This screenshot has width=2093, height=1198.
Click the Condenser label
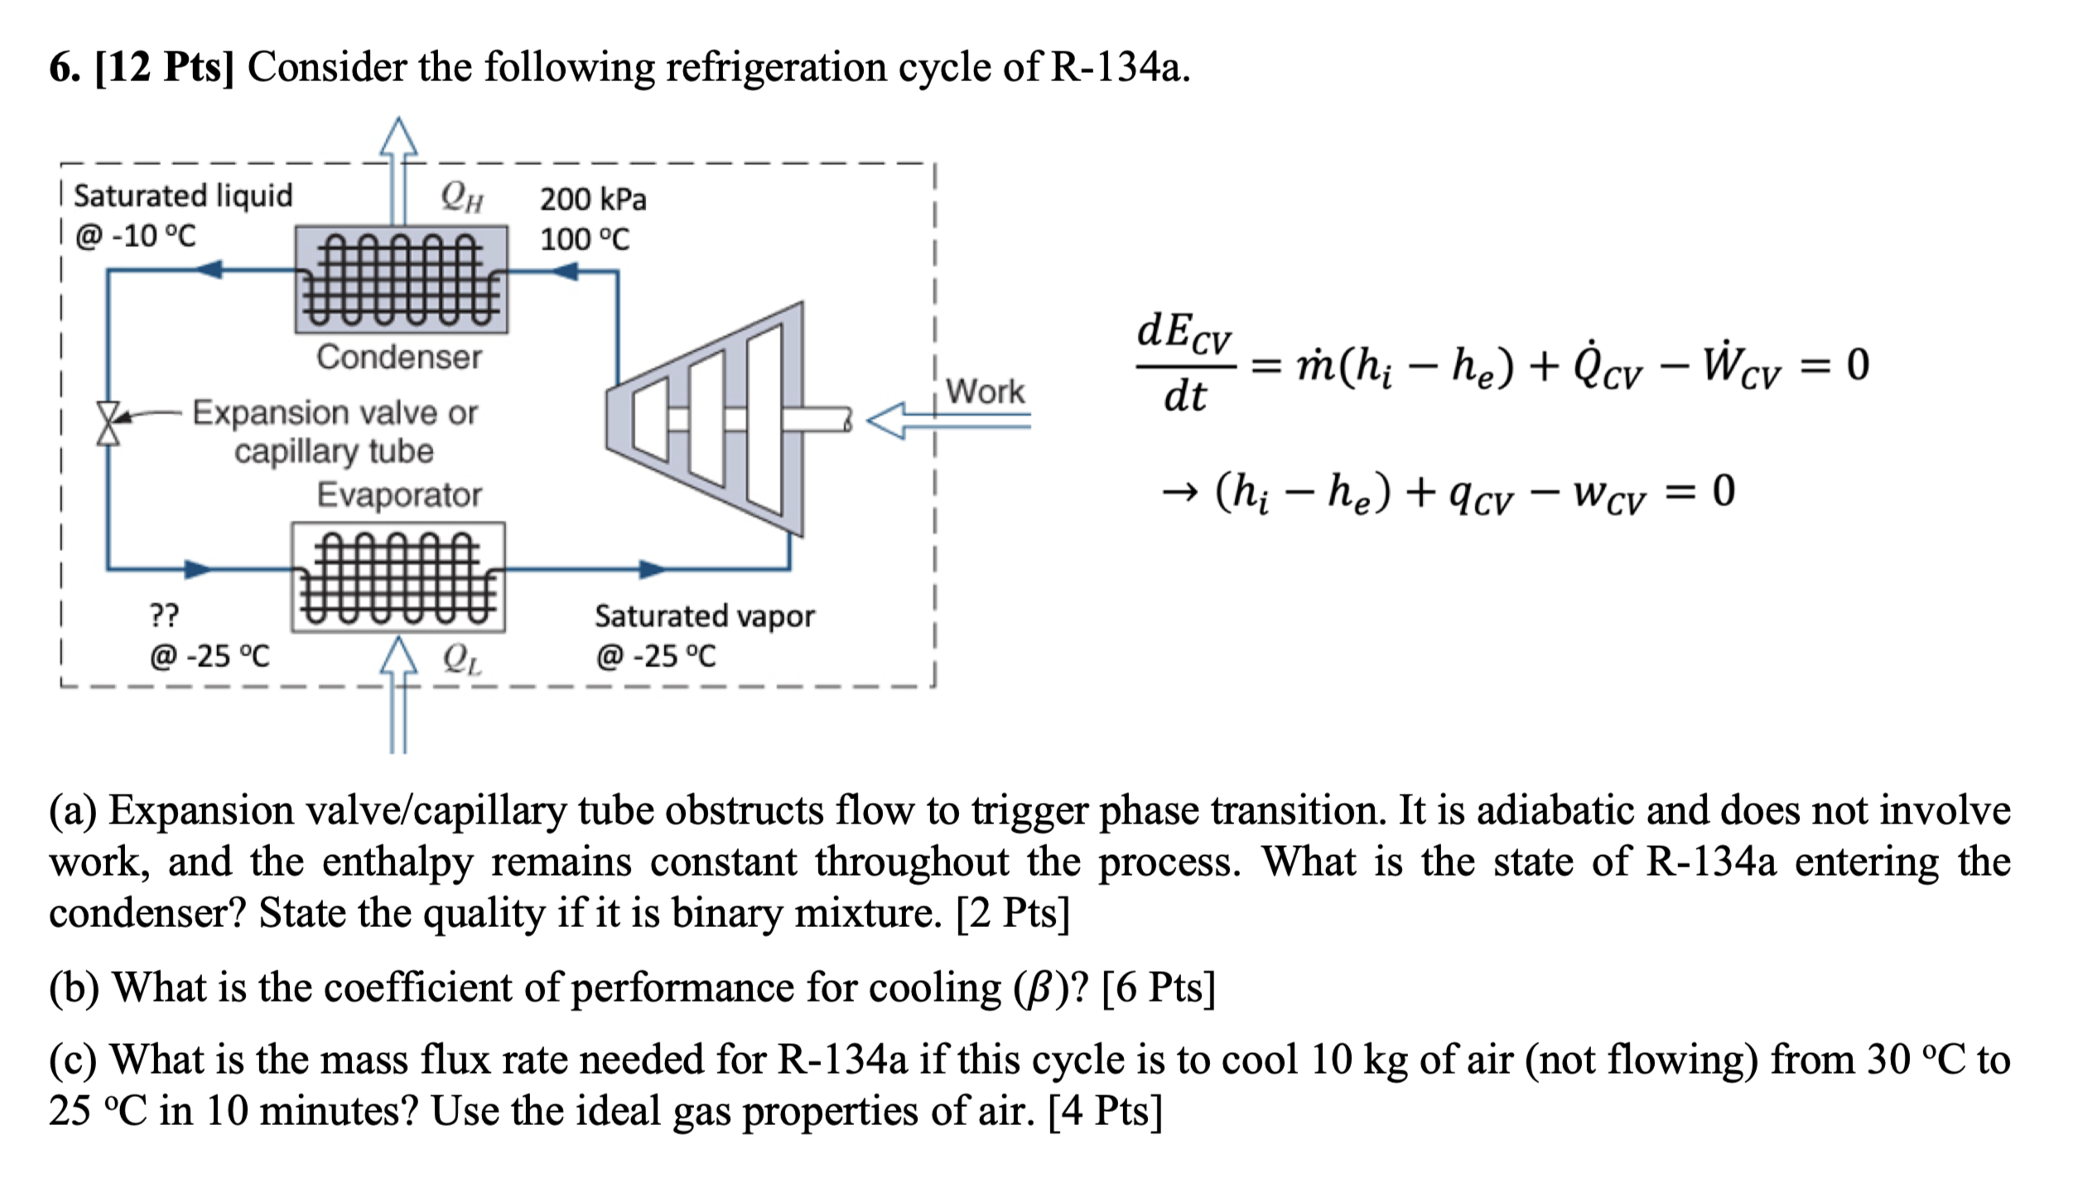[x=398, y=358]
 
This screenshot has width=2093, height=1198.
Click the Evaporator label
[x=398, y=495]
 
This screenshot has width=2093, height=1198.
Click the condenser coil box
[x=402, y=280]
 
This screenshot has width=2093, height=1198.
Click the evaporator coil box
[x=398, y=577]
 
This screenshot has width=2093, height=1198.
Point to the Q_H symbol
[x=461, y=197]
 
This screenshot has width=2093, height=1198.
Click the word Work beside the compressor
[x=985, y=391]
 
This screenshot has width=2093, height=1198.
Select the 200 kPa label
[x=593, y=200]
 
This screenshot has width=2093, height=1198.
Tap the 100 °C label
[x=585, y=239]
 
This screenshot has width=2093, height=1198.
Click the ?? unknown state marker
[x=164, y=616]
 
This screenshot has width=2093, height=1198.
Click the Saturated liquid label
[x=183, y=196]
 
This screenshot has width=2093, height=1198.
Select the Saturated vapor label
[x=704, y=616]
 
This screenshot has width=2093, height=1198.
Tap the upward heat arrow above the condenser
[x=398, y=166]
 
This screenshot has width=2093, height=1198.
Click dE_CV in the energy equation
[x=1184, y=334]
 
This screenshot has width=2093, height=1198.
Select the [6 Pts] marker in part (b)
[x=1158, y=988]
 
